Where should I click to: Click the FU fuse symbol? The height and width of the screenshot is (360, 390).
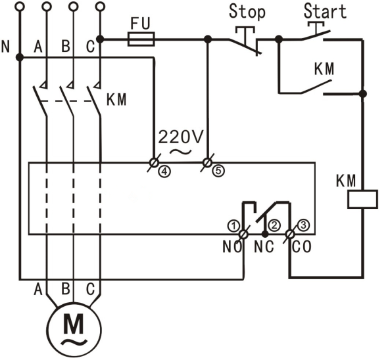click(x=140, y=40)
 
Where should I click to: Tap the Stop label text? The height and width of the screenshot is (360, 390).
click(x=247, y=12)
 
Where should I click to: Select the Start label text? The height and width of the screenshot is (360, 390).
click(x=325, y=12)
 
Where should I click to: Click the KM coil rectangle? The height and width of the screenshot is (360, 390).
click(x=363, y=198)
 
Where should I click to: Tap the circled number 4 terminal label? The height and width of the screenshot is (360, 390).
click(x=163, y=170)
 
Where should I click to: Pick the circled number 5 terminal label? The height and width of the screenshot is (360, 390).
click(x=218, y=170)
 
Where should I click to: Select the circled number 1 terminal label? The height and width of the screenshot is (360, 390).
click(x=232, y=225)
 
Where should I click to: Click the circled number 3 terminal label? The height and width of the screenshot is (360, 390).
click(x=303, y=225)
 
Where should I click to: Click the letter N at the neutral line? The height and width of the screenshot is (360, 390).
click(x=7, y=47)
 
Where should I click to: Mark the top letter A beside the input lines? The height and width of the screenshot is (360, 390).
click(x=37, y=47)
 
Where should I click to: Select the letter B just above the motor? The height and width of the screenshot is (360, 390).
click(x=65, y=288)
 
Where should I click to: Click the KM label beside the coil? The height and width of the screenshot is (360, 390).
click(x=347, y=179)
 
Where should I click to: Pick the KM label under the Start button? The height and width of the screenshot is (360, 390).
click(x=323, y=69)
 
